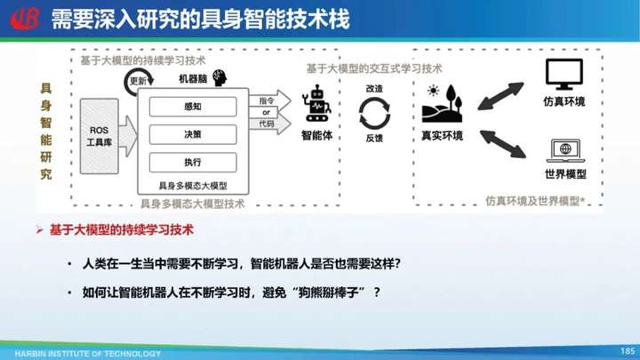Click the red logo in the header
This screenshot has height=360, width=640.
(x=25, y=19)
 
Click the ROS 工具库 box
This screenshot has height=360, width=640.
(x=100, y=136)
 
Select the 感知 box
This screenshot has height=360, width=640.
(x=193, y=107)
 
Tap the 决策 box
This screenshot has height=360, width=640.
(x=193, y=134)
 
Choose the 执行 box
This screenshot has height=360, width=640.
(x=193, y=162)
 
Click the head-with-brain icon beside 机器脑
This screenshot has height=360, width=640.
(x=220, y=77)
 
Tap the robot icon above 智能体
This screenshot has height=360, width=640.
(x=316, y=103)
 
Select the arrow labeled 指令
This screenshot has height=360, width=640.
(x=270, y=100)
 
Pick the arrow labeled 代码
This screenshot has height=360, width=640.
(x=270, y=124)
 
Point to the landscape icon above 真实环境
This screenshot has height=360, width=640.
(x=442, y=103)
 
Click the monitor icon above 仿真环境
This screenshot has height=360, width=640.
(x=564, y=75)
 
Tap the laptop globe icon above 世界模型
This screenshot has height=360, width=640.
(x=565, y=150)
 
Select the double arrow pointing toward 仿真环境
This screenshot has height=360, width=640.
(x=500, y=96)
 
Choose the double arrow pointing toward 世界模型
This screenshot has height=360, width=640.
(x=503, y=144)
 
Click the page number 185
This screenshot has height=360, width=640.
(x=628, y=350)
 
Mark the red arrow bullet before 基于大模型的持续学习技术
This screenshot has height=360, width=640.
(x=40, y=230)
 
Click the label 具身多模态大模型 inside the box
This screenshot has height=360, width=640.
(x=193, y=186)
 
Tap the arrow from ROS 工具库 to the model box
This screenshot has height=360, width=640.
(x=128, y=136)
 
